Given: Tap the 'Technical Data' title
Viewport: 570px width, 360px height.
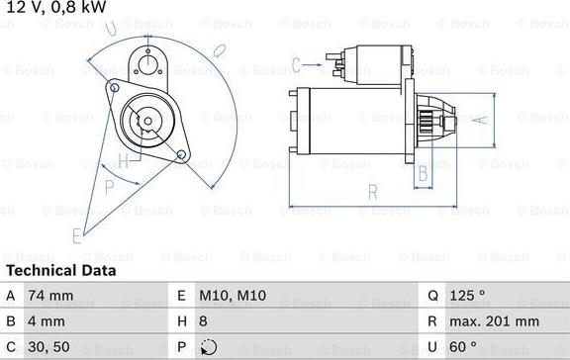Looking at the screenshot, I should click(x=61, y=269).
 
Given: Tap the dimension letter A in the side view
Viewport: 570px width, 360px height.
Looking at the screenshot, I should click(x=480, y=121).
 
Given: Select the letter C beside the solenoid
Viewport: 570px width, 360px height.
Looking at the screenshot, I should click(x=296, y=67).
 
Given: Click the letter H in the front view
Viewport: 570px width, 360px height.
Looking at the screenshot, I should click(x=123, y=160).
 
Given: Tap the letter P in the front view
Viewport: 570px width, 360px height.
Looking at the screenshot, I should click(x=110, y=186).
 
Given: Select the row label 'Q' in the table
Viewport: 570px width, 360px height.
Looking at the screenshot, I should click(x=432, y=295).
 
